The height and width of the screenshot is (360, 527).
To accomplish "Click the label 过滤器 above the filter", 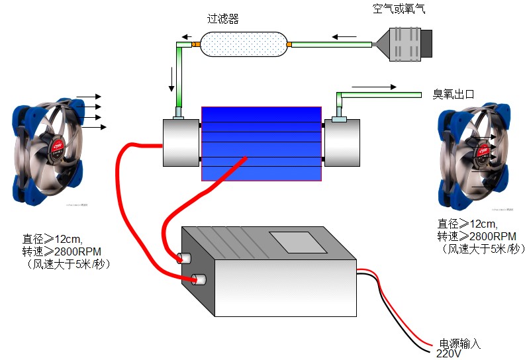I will point(223,19).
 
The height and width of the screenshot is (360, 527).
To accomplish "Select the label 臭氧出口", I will point(454,94).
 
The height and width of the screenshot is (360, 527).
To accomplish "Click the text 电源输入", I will point(459,343).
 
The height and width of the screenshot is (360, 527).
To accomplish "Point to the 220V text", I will point(448,354).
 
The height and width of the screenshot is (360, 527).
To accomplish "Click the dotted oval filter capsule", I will point(242,45).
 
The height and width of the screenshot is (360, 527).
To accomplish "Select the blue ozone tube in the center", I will point(262,143).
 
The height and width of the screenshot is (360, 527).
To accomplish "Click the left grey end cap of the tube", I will point(181,143).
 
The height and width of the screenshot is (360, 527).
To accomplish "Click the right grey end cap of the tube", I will point(342,143).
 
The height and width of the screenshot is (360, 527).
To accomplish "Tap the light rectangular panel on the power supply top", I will point(297,242).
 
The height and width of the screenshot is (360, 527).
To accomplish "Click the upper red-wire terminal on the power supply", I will point(183,258).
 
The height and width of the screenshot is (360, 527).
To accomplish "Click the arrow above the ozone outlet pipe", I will point(375,87).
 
